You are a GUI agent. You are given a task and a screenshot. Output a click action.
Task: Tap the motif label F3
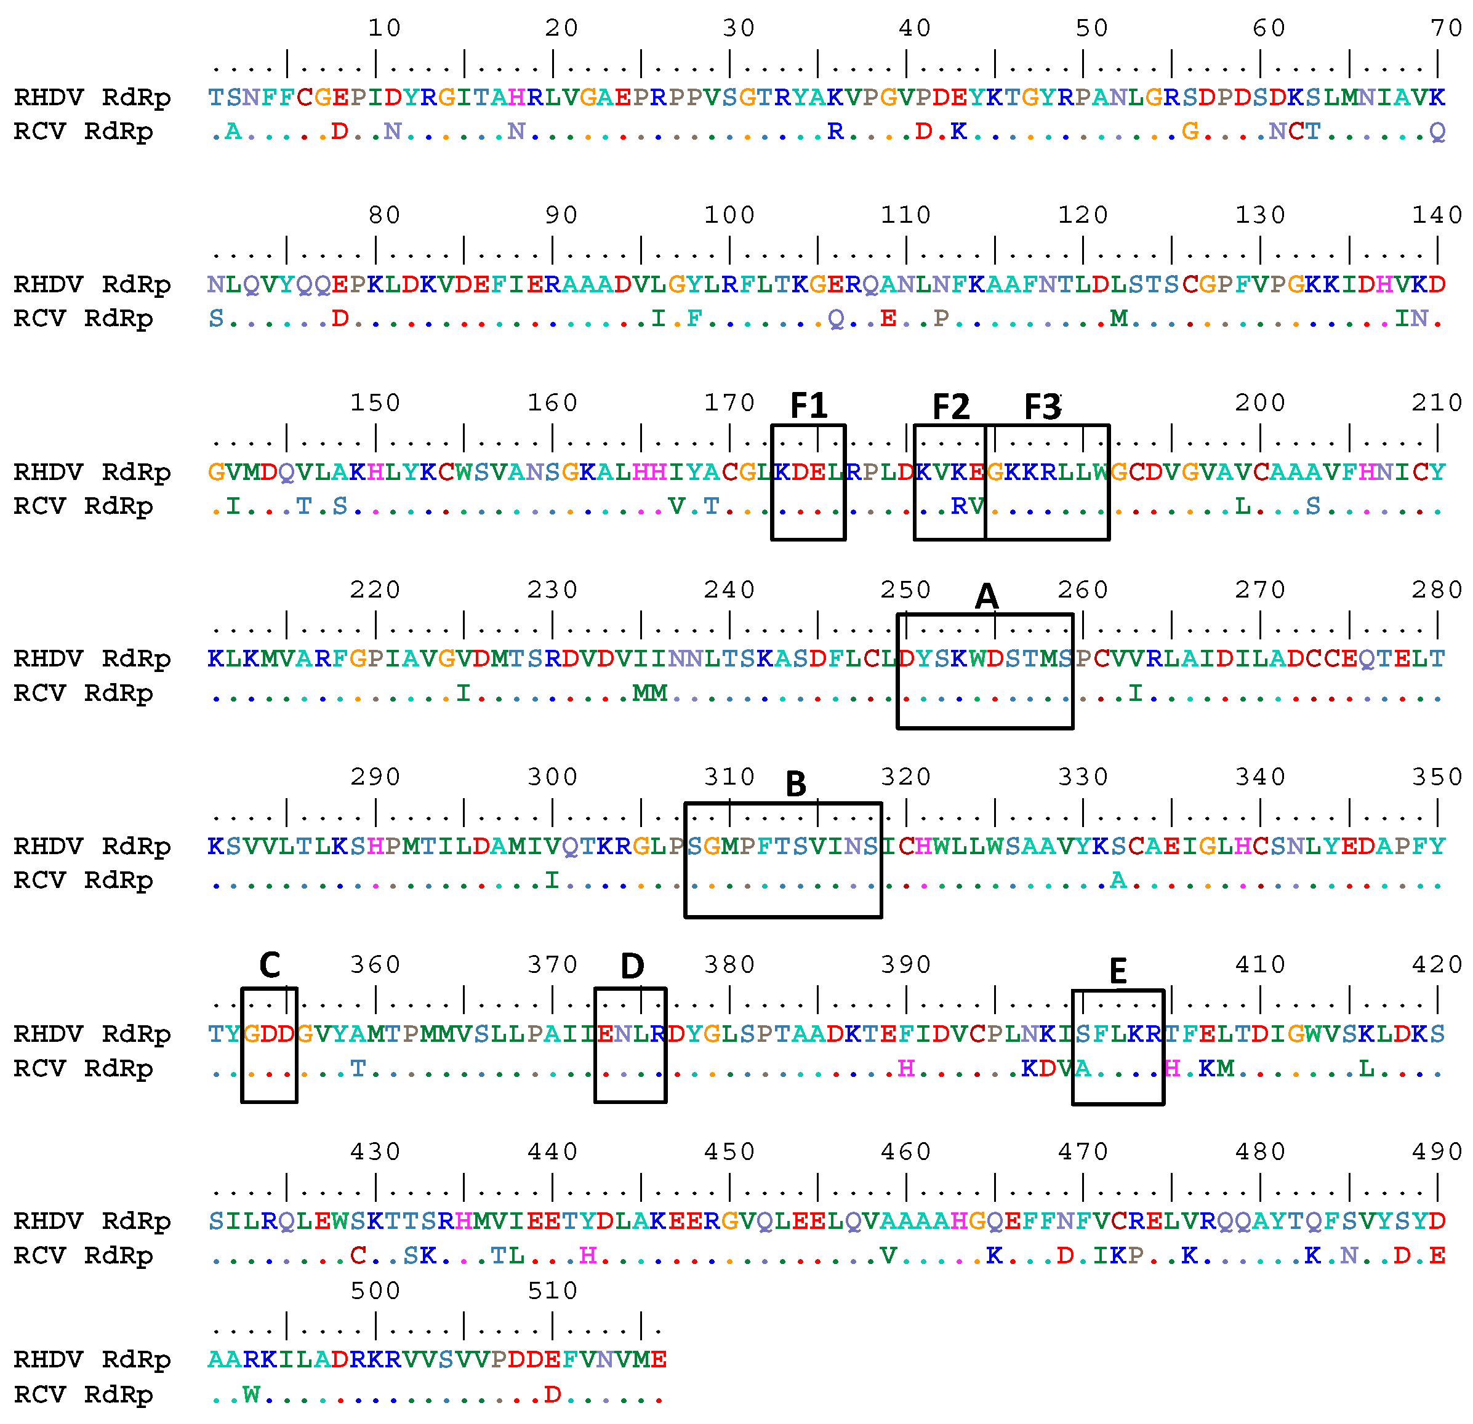click(1042, 407)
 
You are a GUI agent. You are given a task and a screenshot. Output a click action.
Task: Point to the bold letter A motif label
click(986, 597)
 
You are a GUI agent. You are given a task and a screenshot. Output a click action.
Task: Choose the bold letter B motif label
click(795, 785)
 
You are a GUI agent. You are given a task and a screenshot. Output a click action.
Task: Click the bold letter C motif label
click(269, 966)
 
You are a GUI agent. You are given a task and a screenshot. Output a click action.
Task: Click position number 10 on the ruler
click(384, 28)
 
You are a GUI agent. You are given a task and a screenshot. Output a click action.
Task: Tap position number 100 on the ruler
click(729, 215)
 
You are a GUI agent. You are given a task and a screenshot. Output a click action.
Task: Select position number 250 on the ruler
click(905, 590)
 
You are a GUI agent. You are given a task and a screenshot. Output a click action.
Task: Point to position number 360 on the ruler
click(375, 965)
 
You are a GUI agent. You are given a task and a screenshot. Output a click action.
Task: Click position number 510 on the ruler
click(552, 1291)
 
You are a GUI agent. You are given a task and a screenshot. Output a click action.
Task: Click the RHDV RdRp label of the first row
click(92, 97)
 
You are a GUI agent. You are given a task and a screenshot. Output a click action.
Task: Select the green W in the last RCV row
click(251, 1394)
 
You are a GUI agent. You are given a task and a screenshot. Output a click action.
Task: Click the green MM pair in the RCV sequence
click(649, 693)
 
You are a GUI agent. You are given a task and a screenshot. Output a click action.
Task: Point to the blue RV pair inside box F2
click(967, 506)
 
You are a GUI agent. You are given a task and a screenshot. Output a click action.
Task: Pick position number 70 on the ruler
click(1446, 28)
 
